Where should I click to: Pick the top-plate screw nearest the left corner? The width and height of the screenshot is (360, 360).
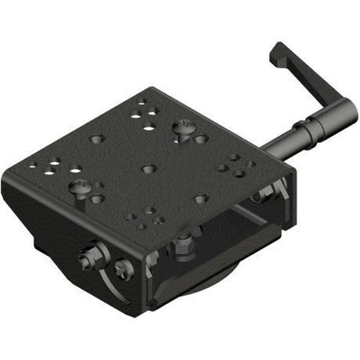(x=81, y=189)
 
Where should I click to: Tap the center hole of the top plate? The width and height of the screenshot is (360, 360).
(x=149, y=167)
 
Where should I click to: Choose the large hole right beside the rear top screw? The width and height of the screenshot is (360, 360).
(x=201, y=139)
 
